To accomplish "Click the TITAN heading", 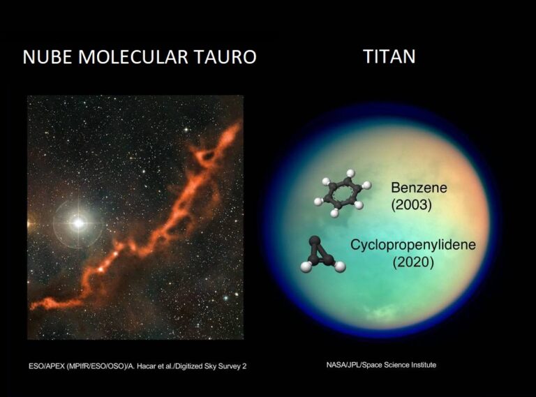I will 389,56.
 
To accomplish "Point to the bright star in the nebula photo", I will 78,223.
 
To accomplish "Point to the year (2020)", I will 412,262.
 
